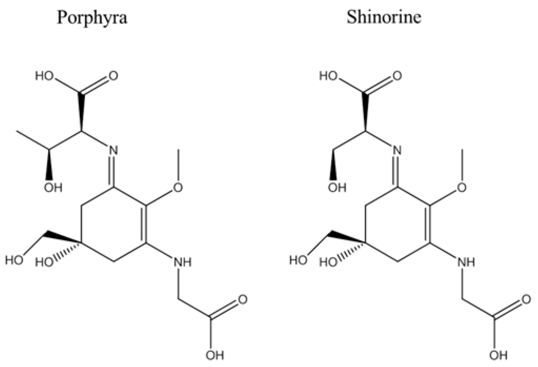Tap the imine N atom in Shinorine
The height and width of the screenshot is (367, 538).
click(x=397, y=149)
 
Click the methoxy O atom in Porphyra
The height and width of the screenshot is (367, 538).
click(x=179, y=187)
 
